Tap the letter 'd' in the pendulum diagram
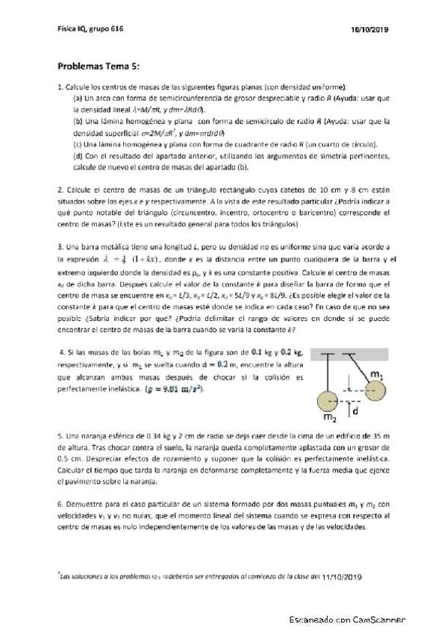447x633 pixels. click(x=355, y=410)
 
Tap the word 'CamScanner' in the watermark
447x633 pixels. click(x=374, y=619)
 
